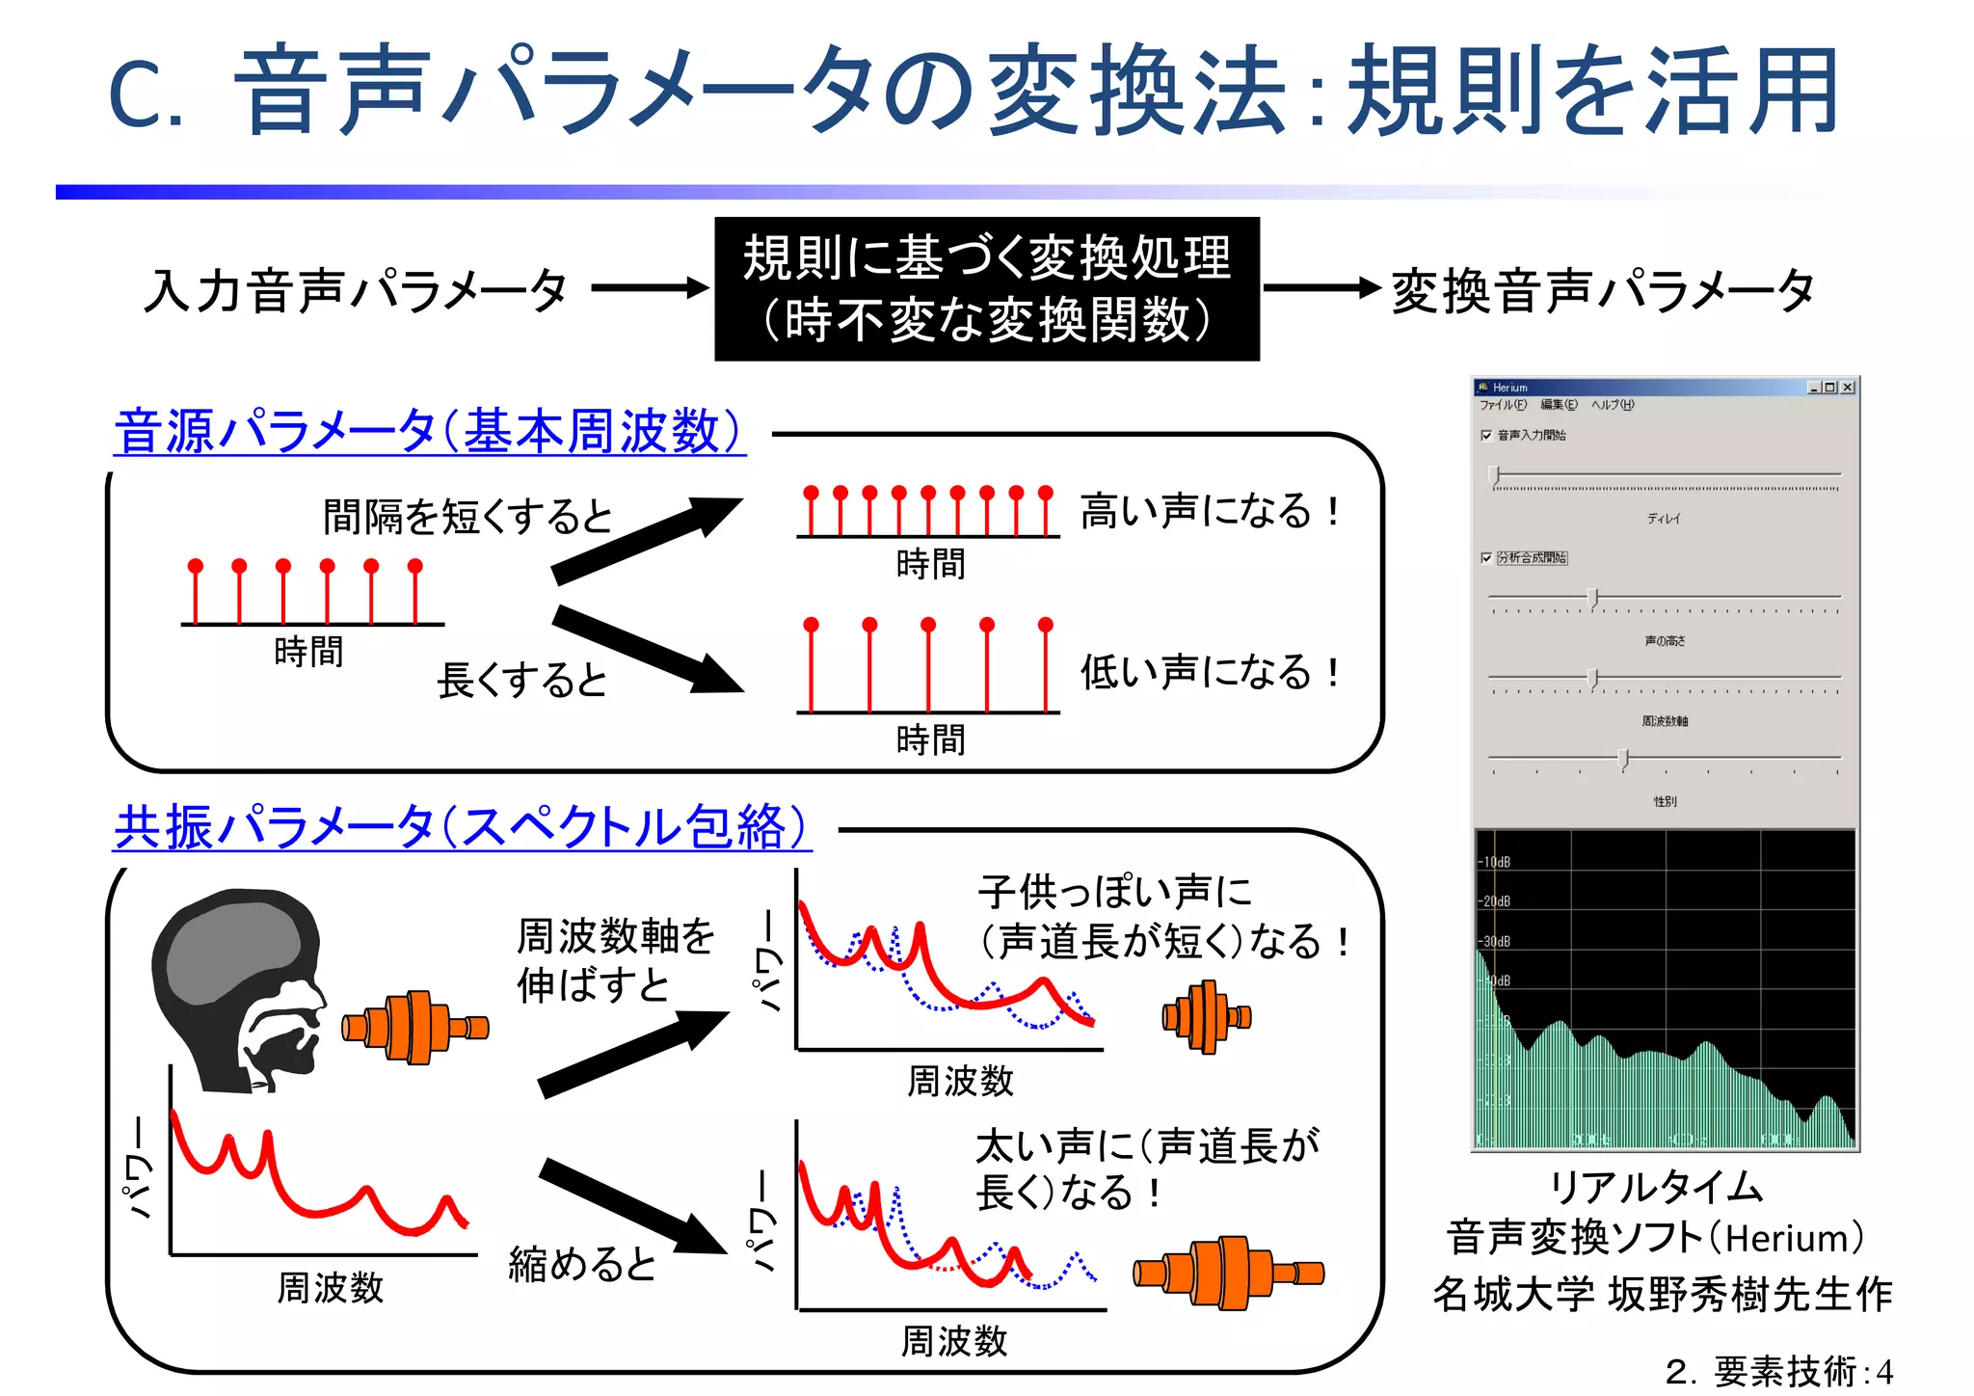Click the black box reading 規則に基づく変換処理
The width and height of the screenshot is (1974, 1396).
point(986,288)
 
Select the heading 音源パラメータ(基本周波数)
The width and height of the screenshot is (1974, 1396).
point(429,431)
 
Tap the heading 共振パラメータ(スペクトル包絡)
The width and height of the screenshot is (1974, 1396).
point(462,827)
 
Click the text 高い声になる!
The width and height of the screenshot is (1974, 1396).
point(1210,511)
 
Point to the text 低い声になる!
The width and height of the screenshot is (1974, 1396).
point(1210,672)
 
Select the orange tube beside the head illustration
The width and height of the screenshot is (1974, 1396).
point(415,1027)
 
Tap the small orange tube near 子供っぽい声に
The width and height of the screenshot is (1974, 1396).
point(1206,1016)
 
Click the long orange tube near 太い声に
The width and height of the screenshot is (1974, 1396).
point(1228,1273)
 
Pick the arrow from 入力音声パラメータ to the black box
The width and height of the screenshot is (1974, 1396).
point(650,287)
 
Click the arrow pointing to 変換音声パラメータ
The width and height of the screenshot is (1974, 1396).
point(1321,287)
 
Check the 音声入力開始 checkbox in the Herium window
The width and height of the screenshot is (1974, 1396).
point(1486,436)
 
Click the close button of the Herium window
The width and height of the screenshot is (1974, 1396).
point(1847,388)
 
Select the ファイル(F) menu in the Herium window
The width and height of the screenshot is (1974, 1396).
point(1503,405)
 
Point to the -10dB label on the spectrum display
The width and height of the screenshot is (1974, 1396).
point(1495,862)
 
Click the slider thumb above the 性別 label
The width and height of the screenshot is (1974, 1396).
point(1623,759)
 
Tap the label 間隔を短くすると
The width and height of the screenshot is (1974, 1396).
point(467,517)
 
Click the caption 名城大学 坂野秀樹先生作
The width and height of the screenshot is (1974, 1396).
point(1663,1294)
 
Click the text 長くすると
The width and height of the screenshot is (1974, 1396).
point(521,681)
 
